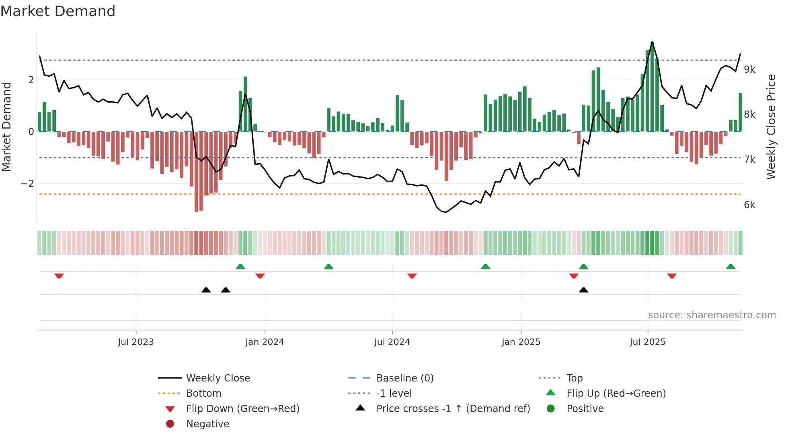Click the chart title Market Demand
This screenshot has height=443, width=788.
click(x=58, y=11)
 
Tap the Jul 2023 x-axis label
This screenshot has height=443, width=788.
click(x=136, y=342)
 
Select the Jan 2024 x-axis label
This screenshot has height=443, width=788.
click(x=265, y=342)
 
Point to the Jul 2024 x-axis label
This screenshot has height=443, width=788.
click(x=392, y=342)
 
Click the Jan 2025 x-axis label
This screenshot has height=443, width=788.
click(x=521, y=342)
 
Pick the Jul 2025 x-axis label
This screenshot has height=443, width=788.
click(x=648, y=342)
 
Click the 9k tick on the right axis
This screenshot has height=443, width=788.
click(x=749, y=70)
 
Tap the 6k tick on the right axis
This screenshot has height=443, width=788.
click(x=749, y=205)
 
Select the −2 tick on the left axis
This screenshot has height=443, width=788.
click(x=28, y=184)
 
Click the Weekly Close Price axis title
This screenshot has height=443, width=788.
click(x=771, y=127)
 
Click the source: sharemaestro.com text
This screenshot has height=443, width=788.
click(x=712, y=315)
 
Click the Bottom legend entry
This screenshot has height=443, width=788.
click(x=203, y=394)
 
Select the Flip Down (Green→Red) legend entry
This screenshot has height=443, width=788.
click(x=242, y=409)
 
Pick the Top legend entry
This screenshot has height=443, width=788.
click(x=575, y=378)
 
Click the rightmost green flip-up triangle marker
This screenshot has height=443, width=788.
click(x=731, y=267)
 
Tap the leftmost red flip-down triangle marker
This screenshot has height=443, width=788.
click(x=59, y=276)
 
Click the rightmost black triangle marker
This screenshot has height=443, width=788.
click(x=583, y=290)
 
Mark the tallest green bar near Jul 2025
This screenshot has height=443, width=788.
click(x=652, y=86)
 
